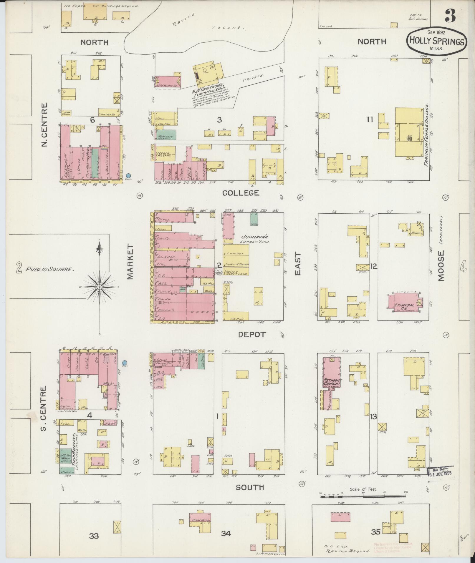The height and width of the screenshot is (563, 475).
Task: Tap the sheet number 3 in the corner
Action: (450, 15)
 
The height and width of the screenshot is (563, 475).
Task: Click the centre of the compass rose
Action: (100, 286)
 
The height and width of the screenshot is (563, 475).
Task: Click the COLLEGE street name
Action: (241, 193)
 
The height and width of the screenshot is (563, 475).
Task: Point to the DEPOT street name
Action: (252, 334)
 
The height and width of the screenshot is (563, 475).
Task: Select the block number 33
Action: (94, 536)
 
